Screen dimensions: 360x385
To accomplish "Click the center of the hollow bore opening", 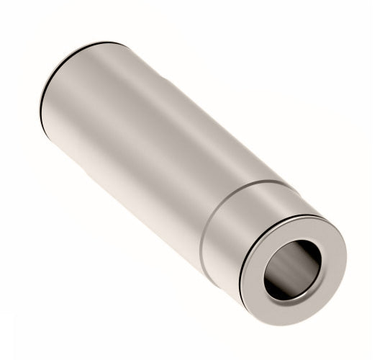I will [293, 268].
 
